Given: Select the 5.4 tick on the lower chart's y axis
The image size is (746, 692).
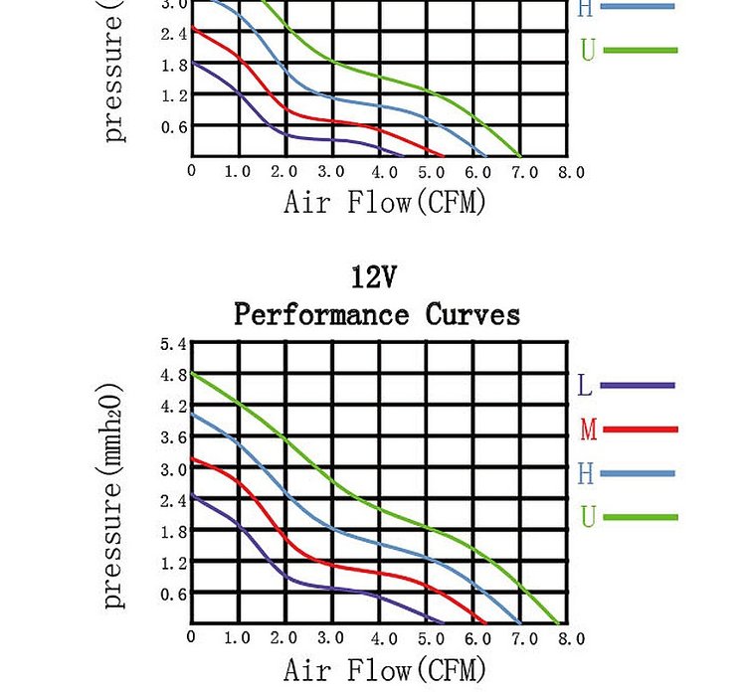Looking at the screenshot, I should (x=173, y=344).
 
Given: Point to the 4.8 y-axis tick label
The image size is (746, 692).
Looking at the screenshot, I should (x=173, y=376).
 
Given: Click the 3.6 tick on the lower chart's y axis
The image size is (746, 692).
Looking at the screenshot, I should (x=173, y=437).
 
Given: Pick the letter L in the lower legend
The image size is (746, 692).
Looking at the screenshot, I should (x=585, y=386).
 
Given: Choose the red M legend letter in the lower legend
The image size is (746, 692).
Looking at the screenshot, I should (x=588, y=431).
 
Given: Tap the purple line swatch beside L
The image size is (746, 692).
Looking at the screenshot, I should (x=638, y=386).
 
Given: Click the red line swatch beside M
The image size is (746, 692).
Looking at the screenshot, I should (x=640, y=430).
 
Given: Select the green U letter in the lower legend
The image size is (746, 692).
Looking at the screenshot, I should (x=588, y=518).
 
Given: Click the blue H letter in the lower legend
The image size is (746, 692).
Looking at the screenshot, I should (x=586, y=474).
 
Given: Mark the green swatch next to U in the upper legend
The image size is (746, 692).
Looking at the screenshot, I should (x=640, y=50).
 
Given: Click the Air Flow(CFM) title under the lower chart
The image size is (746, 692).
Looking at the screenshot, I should (x=385, y=669).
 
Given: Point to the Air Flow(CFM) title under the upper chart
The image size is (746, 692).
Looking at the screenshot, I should (x=385, y=203).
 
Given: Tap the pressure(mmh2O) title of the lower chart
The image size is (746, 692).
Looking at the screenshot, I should (x=114, y=495).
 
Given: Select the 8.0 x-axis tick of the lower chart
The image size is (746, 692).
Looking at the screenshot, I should (x=570, y=639).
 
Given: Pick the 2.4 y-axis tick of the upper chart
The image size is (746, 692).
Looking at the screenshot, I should (x=173, y=34).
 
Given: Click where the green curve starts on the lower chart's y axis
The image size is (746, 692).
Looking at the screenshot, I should (x=192, y=373).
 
